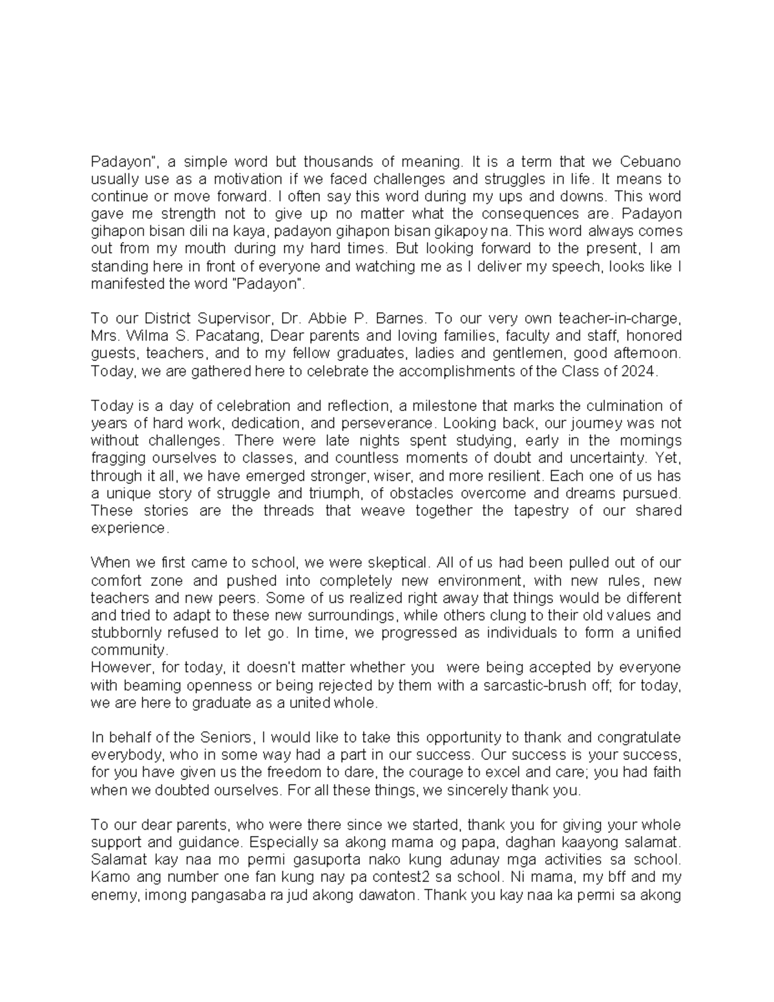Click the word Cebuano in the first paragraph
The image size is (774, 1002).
point(650,161)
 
